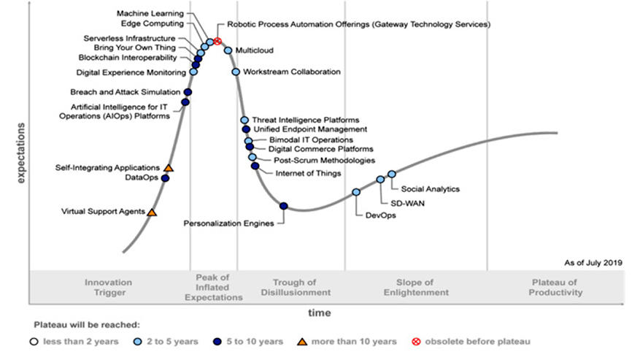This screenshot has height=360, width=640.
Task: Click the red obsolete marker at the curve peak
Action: point(217,42)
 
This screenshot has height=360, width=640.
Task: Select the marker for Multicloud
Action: point(228,50)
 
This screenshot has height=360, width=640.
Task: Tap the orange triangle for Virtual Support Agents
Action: point(152,212)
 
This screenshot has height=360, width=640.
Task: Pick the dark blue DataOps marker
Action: point(166,178)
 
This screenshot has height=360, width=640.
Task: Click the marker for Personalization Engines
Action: point(284,206)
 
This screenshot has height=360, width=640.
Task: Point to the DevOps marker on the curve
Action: point(356,192)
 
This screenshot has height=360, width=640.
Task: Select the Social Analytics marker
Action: point(392,174)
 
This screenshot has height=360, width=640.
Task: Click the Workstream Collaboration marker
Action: point(236,72)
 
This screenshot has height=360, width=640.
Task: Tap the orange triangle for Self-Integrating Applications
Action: point(169,168)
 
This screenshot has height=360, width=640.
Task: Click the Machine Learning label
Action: point(150,13)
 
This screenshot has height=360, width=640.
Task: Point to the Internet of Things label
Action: point(308,173)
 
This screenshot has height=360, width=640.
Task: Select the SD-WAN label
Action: point(407,203)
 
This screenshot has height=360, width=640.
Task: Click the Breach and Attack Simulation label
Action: point(126,92)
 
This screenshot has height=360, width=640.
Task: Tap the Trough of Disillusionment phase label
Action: point(296,287)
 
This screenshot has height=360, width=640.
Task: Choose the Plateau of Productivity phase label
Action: point(555,287)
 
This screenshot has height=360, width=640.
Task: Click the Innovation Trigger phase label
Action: point(109,287)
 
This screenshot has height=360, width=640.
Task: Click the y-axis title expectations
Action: point(21,153)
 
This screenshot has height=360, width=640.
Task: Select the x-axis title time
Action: point(319,313)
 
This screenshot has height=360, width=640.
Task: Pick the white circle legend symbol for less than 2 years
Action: point(34,342)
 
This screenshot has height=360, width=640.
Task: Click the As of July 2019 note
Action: point(593,263)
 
